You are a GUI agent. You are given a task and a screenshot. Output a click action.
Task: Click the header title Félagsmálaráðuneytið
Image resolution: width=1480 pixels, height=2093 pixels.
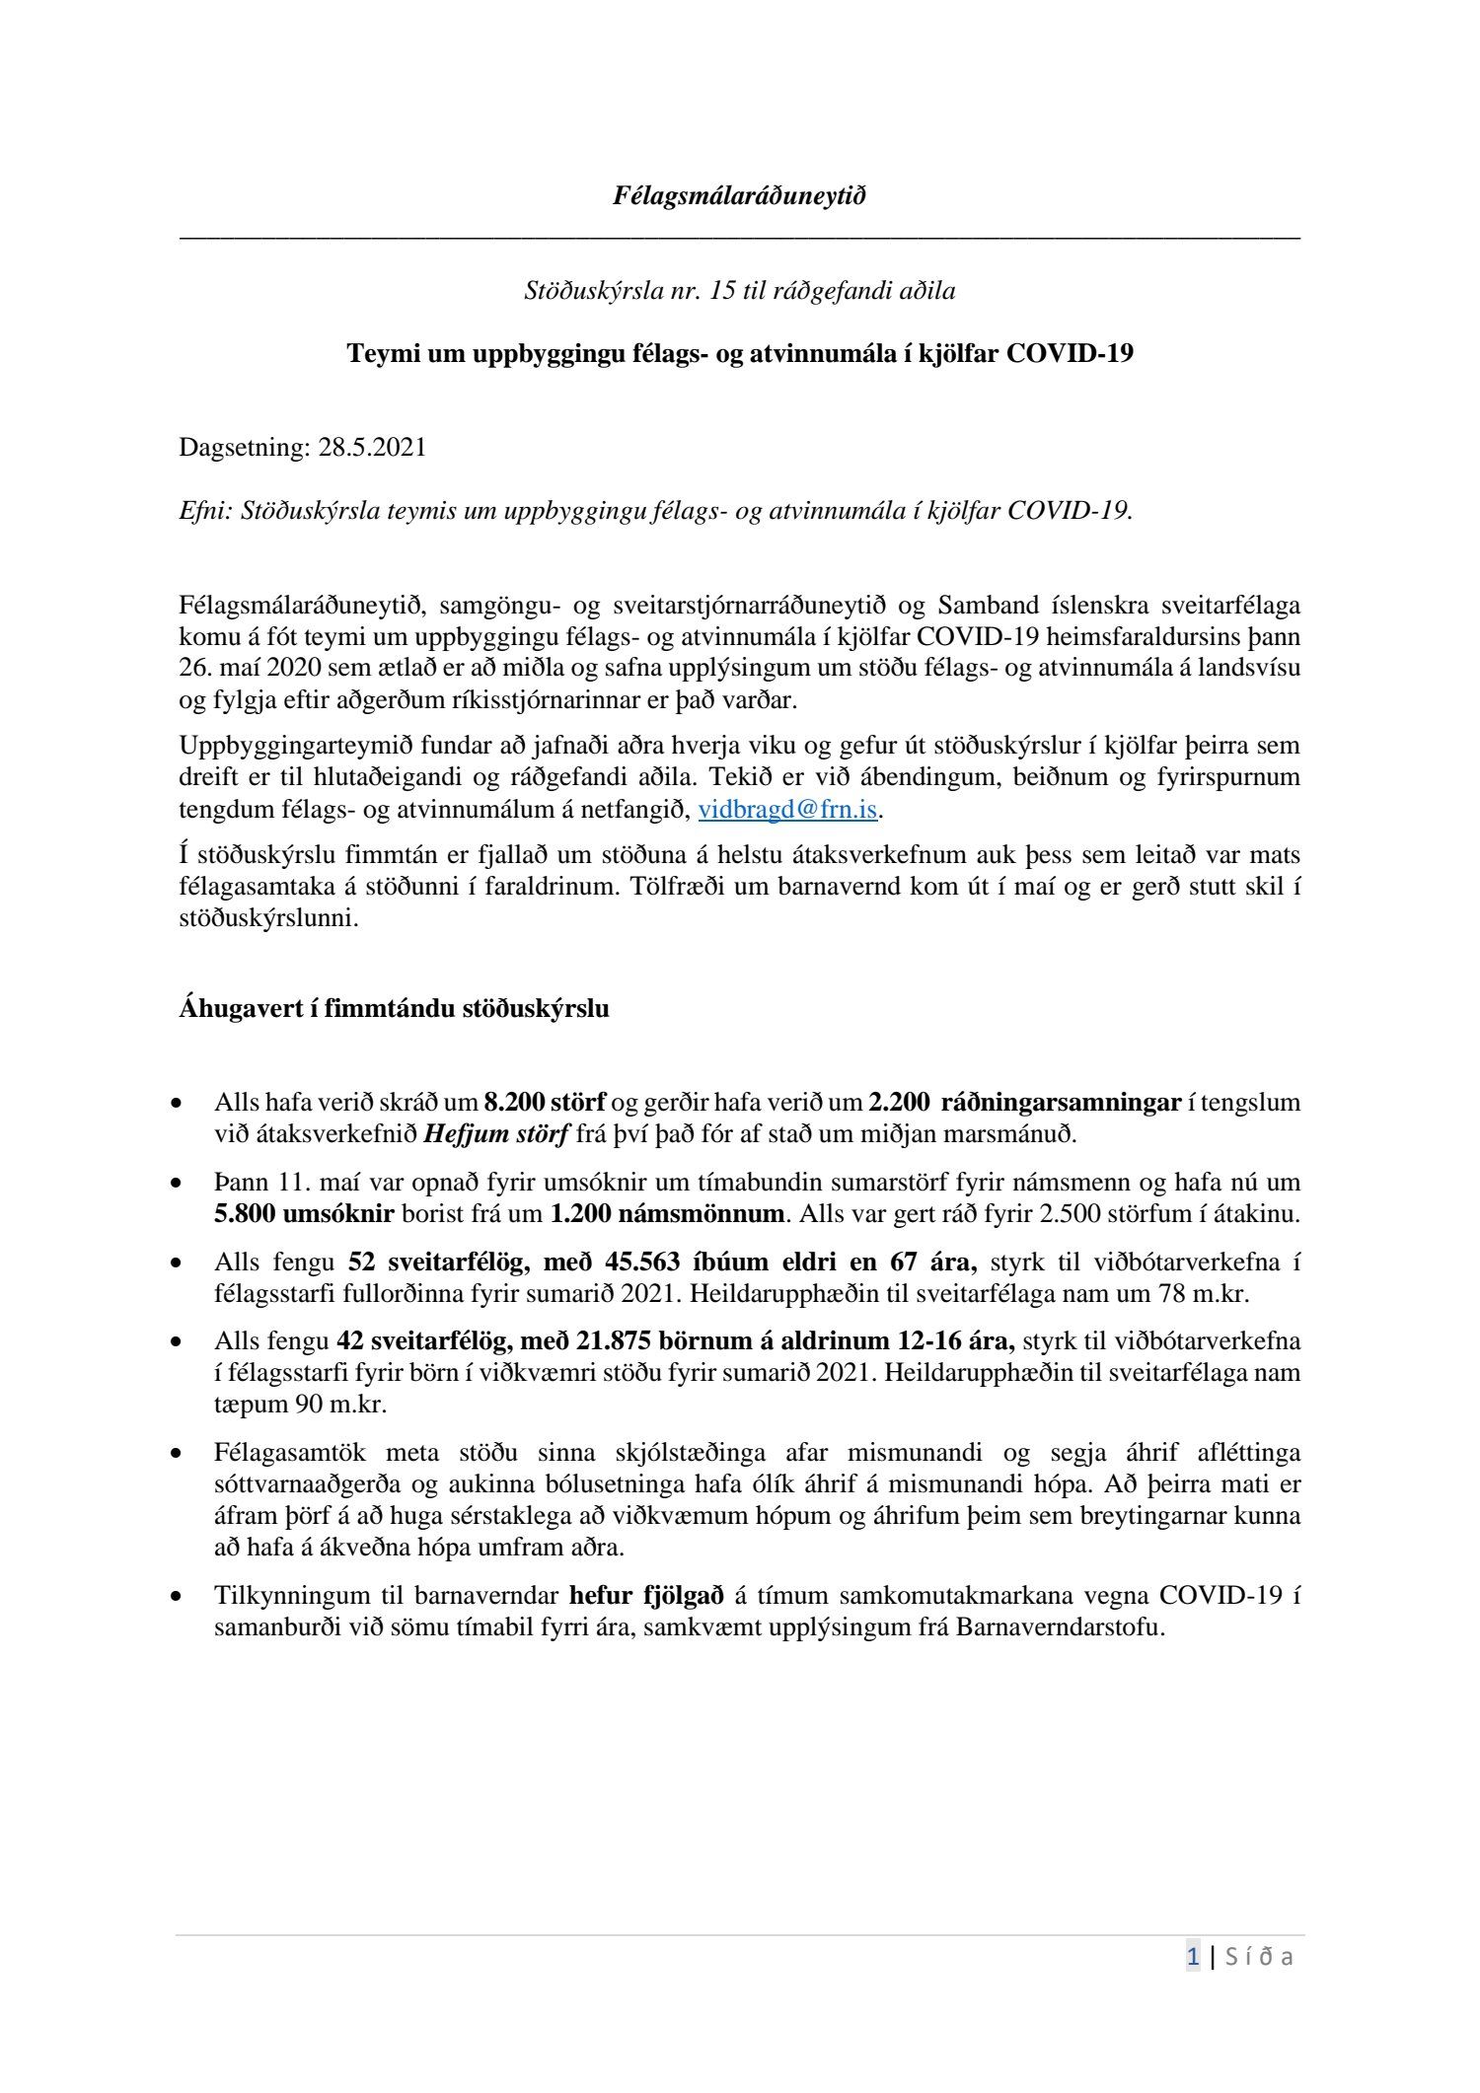pos(739,195)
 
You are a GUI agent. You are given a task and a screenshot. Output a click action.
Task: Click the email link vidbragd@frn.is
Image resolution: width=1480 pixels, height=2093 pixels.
pos(787,810)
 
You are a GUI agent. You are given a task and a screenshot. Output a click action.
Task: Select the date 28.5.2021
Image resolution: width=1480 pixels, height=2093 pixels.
pos(372,447)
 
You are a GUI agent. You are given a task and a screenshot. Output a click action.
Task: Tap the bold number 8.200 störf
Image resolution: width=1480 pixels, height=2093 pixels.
pos(545,1102)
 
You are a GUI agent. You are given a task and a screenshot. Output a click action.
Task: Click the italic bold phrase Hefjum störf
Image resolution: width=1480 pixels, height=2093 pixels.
pos(496,1133)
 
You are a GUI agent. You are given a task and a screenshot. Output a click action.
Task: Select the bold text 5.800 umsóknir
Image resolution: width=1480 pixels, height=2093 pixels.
pos(304,1213)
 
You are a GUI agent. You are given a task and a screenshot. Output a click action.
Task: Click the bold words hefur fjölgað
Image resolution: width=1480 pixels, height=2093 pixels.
pos(647,1595)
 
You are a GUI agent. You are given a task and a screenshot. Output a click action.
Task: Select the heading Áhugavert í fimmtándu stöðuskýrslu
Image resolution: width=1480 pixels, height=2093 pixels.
pos(394,1008)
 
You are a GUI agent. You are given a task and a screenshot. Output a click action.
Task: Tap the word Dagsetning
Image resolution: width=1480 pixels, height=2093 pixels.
pos(244,447)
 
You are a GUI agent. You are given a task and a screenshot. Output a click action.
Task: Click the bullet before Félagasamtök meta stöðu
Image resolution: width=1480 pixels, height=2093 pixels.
pos(177,1454)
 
